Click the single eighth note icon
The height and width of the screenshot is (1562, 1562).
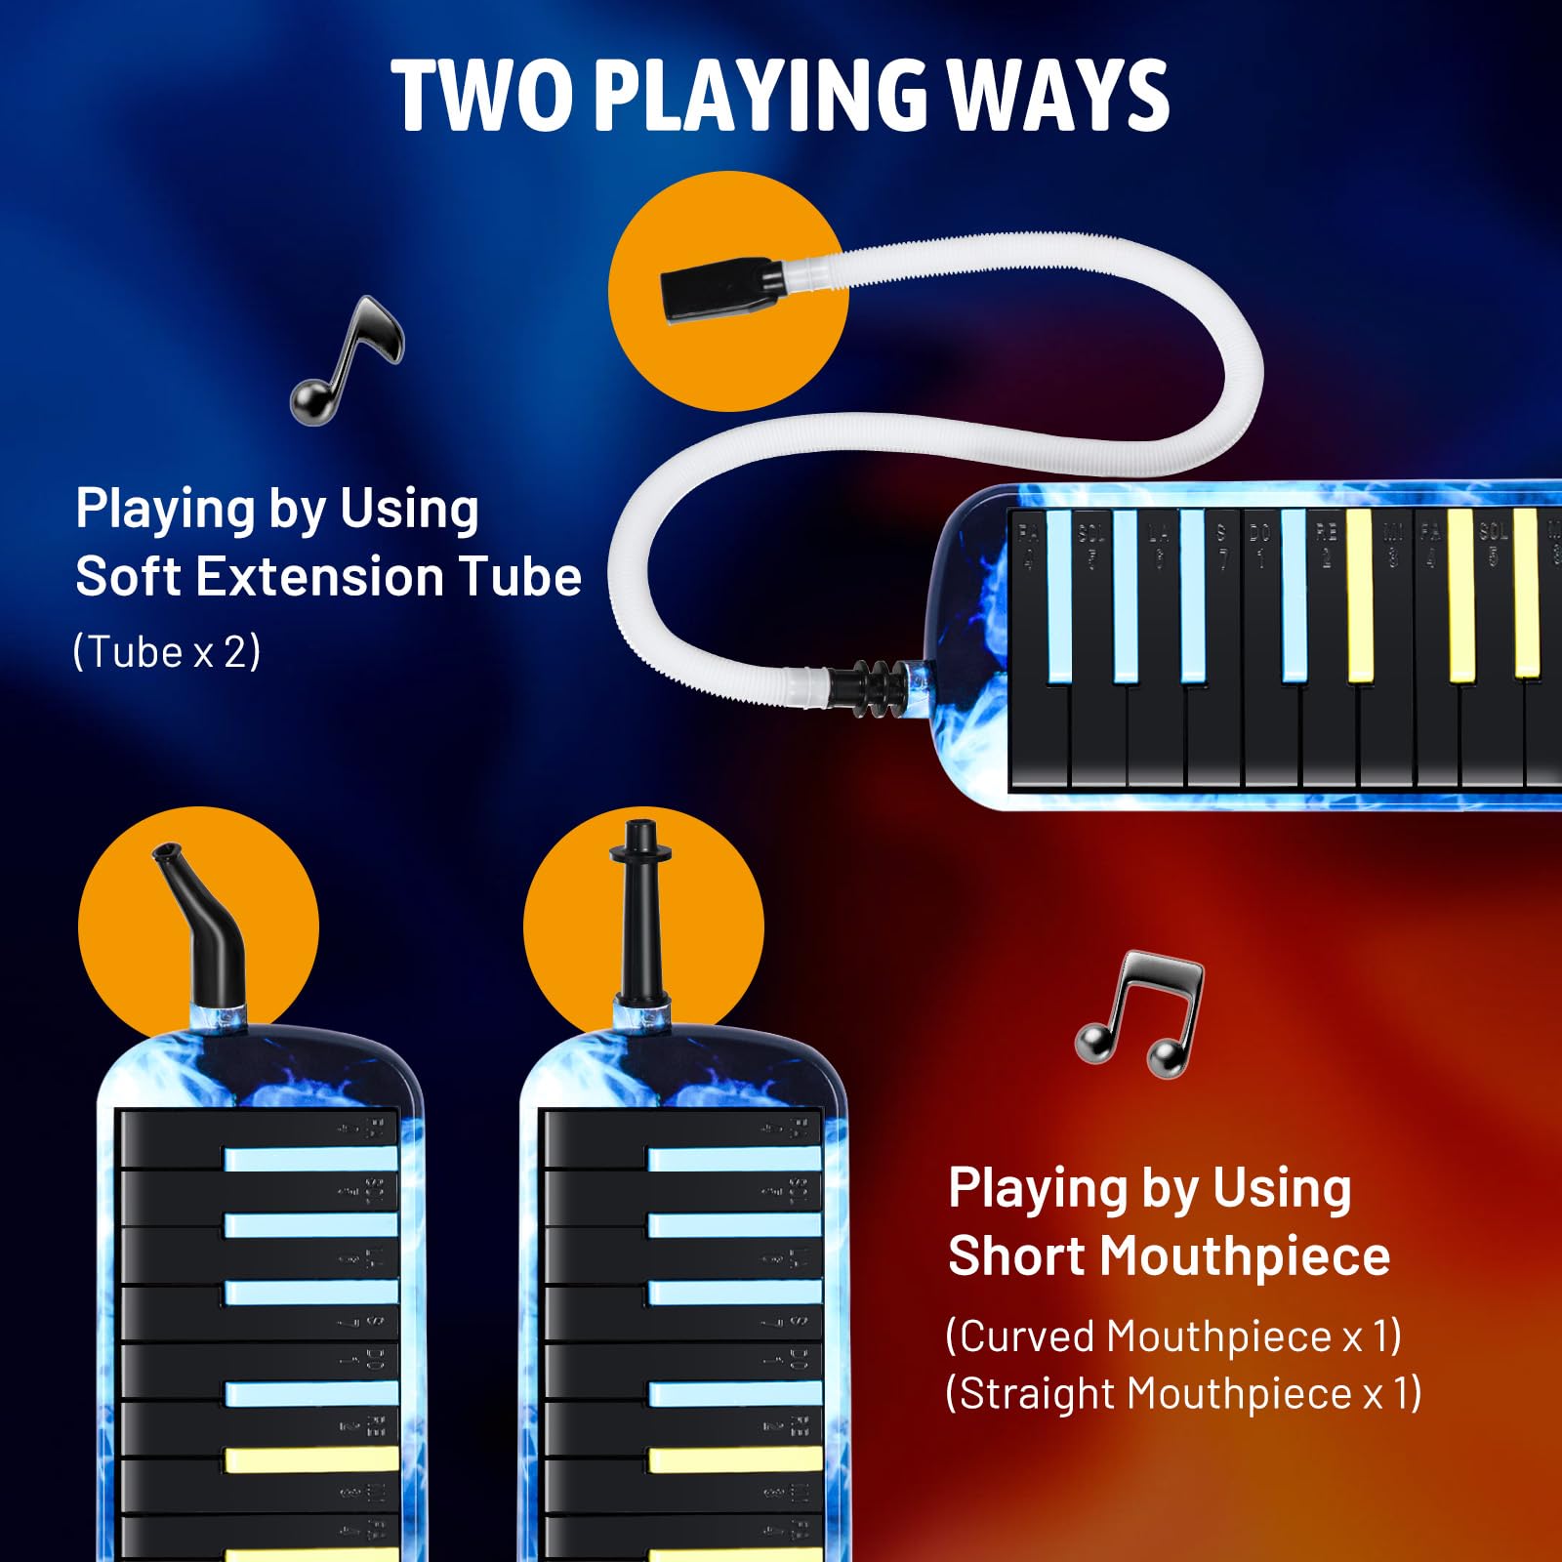click(347, 359)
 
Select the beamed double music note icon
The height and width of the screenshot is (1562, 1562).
click(1140, 1015)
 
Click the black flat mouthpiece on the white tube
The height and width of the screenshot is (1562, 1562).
click(720, 289)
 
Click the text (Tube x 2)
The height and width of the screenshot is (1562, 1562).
click(167, 651)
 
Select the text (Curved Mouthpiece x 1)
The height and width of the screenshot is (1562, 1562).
click(1172, 1336)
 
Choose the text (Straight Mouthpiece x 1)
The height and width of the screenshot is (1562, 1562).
click(1182, 1393)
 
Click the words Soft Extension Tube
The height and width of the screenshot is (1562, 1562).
click(328, 576)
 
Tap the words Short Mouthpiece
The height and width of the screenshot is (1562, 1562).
click(1169, 1255)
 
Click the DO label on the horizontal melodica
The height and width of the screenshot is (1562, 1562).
click(1259, 533)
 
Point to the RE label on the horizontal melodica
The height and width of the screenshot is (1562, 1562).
click(1326, 533)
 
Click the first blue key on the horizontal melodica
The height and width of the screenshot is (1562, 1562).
click(1058, 596)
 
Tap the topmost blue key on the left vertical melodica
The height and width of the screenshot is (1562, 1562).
click(310, 1159)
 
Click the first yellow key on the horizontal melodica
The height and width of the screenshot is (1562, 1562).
click(1359, 596)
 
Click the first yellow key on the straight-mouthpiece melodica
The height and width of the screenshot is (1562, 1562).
click(734, 1459)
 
